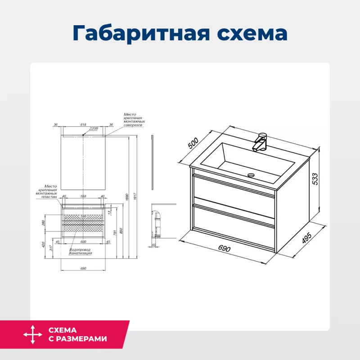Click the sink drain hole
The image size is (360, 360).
tap(251, 175)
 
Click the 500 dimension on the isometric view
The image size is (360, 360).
tap(193, 144)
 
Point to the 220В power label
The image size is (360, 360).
tap(93, 128)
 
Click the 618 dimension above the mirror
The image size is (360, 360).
tap(83, 125)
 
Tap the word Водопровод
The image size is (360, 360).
tap(80, 250)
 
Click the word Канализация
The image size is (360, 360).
tap(81, 253)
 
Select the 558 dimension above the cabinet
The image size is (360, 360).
tap(83, 196)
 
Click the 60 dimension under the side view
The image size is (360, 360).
tap(153, 245)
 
